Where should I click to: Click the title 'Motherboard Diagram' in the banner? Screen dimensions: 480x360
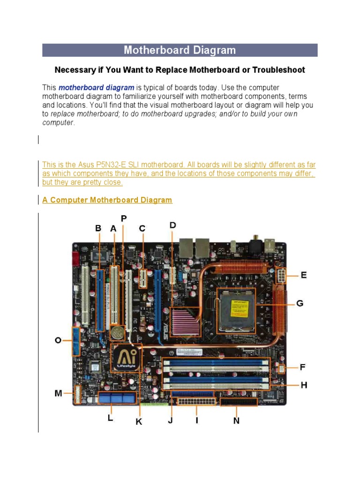point(180,50)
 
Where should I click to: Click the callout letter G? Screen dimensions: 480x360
point(300,303)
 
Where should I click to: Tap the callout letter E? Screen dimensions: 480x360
point(304,275)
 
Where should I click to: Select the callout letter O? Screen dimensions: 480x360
point(58,340)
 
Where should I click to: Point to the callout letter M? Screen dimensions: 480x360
point(58,393)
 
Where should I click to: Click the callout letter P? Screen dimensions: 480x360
point(124,218)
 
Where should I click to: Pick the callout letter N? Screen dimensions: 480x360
point(237,420)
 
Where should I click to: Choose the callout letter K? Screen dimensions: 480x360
point(139,421)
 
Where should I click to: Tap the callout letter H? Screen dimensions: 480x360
point(304,385)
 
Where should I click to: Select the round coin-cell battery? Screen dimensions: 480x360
point(117,333)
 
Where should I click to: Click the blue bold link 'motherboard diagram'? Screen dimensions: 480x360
point(96,88)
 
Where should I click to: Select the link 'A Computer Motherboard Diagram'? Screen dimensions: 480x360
point(107,200)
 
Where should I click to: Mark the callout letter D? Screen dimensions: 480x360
point(173,225)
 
